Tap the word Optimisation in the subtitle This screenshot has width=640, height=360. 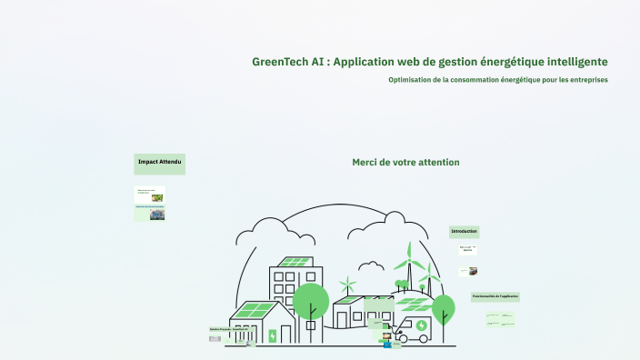coord(410,80)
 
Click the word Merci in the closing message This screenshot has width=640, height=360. coord(366,162)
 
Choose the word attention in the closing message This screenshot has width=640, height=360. coord(438,162)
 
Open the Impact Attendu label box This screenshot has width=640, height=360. coord(160,163)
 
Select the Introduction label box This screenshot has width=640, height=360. coord(464,232)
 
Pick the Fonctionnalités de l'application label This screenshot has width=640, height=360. coord(495,296)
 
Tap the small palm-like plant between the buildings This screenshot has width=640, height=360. coord(346,285)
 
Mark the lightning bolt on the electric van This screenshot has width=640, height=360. coord(421,325)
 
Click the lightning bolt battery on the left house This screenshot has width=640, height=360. coord(273,335)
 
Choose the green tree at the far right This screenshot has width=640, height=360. coord(443,306)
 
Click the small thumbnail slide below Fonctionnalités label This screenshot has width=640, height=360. coord(502,319)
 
